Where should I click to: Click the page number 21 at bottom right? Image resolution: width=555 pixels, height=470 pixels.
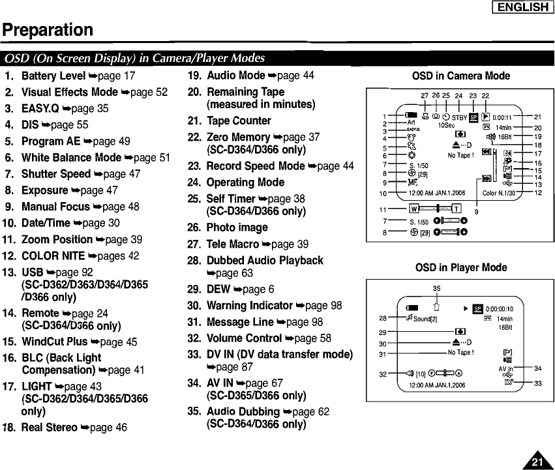(x=537, y=462)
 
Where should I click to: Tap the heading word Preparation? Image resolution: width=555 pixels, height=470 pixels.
(x=48, y=30)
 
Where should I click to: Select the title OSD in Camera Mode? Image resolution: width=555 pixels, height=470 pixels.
(x=460, y=76)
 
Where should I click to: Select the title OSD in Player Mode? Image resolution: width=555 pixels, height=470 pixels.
(x=460, y=267)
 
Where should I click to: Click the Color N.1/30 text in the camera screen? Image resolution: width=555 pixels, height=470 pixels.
(x=498, y=193)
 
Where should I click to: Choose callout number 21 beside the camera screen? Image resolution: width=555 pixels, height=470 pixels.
(x=538, y=117)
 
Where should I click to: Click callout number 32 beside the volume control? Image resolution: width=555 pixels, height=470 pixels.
(x=383, y=374)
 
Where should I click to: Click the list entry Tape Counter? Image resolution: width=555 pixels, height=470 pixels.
(x=239, y=121)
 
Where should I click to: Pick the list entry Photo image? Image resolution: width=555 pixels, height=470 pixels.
(x=237, y=228)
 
